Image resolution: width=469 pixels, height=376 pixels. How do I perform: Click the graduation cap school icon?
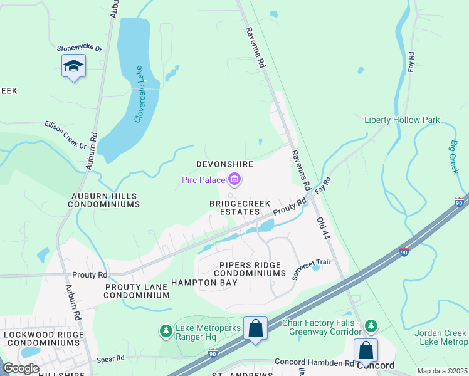73,66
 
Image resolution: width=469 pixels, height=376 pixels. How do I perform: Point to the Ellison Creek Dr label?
65,134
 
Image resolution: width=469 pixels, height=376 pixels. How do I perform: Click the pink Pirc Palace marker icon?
234,181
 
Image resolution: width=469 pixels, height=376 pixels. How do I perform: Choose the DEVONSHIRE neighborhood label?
224,164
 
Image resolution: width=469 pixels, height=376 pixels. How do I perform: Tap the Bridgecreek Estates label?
234,208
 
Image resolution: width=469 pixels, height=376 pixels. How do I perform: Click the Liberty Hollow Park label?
402,120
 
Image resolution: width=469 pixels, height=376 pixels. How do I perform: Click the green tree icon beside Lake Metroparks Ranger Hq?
166,330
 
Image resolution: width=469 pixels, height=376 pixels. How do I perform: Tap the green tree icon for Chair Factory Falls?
371,326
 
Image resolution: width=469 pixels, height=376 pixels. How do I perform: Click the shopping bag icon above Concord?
366,350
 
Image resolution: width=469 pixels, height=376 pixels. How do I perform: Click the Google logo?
21,368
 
